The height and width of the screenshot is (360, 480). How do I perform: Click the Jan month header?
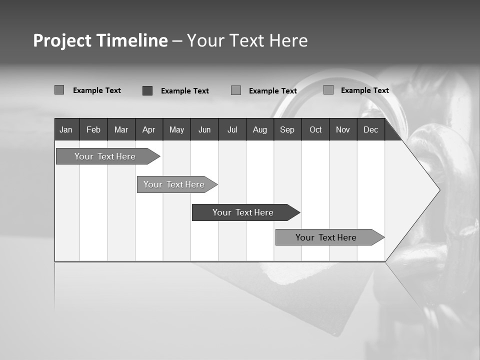tap(66, 129)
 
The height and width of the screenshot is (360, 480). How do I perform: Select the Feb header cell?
tap(93, 129)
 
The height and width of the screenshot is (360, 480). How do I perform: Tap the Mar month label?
tap(121, 129)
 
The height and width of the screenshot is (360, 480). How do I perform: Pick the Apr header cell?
tap(148, 129)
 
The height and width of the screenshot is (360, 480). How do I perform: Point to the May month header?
tap(176, 129)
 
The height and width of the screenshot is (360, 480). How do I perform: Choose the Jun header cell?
tap(204, 129)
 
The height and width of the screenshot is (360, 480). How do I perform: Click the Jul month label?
tap(232, 129)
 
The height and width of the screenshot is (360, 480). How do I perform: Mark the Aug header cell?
tap(259, 129)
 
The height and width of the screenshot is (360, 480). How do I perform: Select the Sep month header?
tap(287, 129)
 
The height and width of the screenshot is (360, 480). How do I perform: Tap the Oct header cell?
tap(315, 129)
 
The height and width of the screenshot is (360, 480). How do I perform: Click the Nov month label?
tap(343, 129)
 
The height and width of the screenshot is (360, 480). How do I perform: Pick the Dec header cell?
tap(370, 129)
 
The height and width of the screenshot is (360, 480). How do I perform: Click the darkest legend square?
tap(147, 90)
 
